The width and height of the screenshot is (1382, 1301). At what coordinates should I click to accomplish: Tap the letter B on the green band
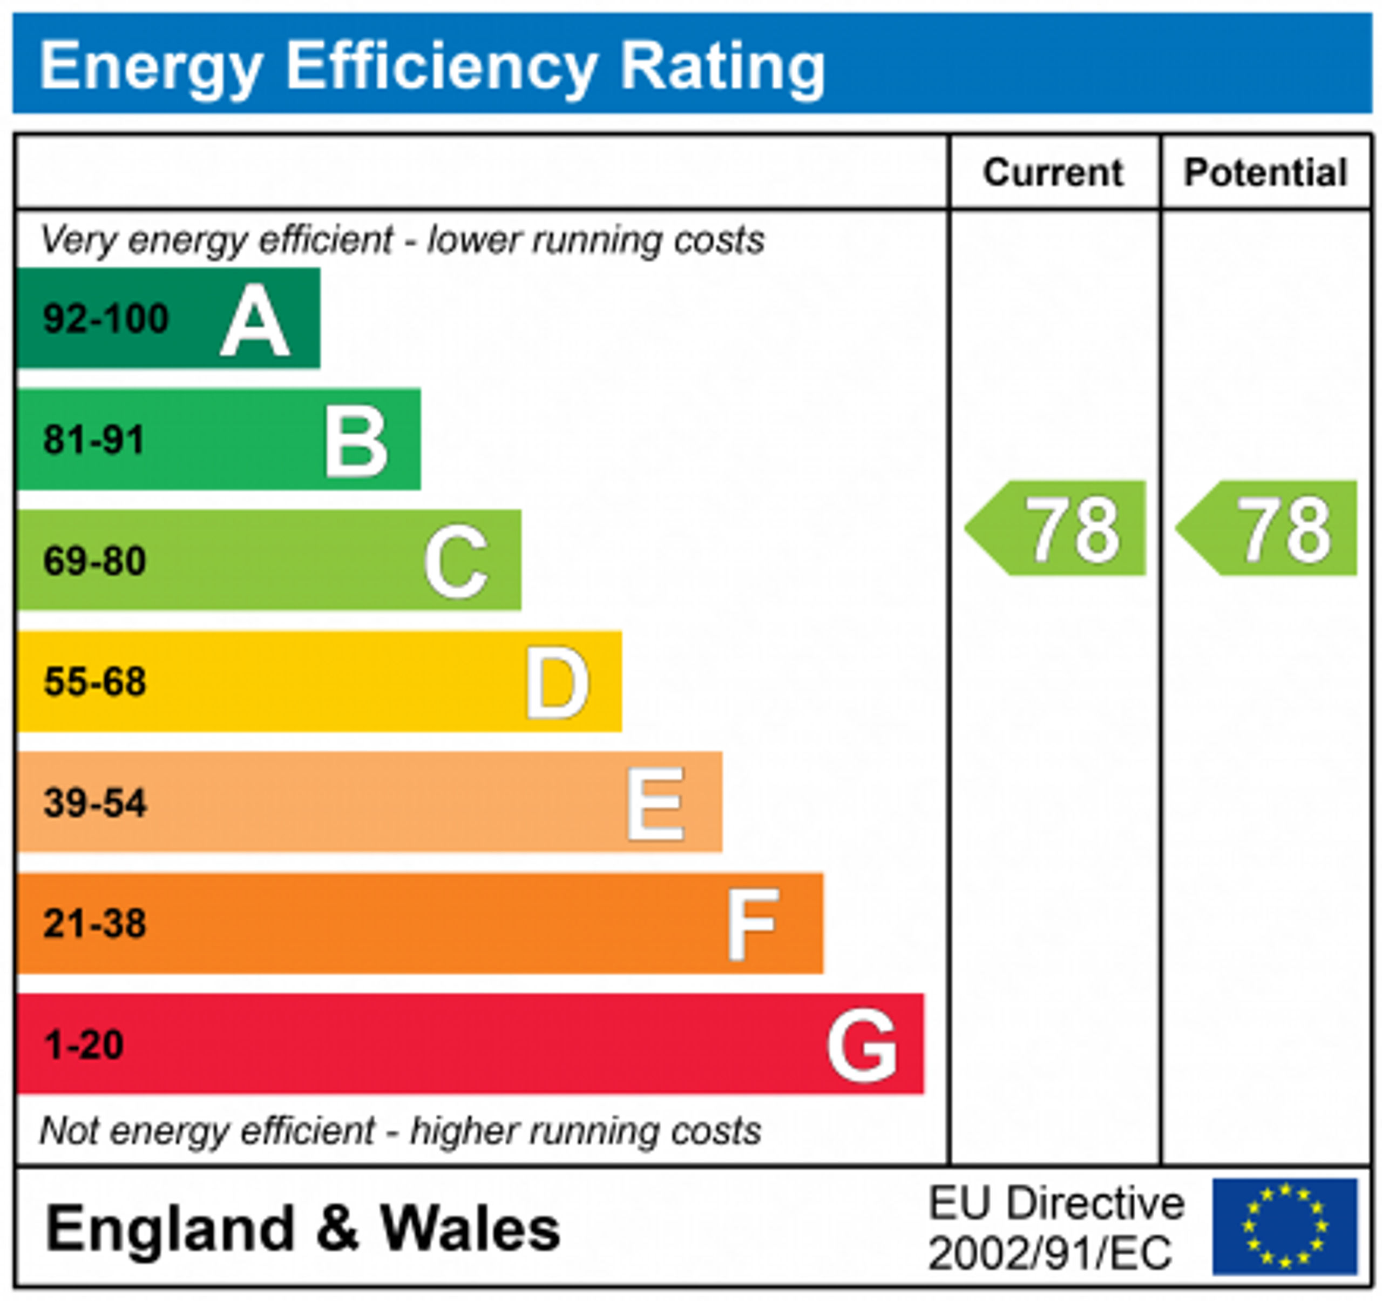(355, 442)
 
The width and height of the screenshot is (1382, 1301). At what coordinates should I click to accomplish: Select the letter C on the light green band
(456, 562)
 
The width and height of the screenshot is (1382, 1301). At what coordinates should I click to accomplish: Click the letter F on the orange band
(752, 925)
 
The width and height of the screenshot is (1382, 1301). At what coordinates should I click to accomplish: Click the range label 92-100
(106, 319)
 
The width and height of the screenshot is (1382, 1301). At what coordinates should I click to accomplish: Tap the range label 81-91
(94, 440)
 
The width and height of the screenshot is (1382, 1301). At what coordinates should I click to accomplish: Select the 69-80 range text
(94, 561)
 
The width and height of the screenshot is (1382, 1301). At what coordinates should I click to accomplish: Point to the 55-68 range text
(94, 682)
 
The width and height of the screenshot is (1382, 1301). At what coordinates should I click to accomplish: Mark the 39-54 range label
(94, 803)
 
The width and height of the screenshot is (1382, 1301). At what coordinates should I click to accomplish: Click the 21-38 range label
(94, 924)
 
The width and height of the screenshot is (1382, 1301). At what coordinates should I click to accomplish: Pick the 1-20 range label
(84, 1045)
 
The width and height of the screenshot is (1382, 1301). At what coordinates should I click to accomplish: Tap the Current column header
(1053, 172)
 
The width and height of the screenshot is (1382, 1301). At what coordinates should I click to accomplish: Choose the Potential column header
(1265, 172)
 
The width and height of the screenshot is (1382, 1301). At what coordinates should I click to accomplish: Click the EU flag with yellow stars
(1285, 1228)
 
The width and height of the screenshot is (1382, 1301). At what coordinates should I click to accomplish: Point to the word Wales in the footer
(470, 1229)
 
